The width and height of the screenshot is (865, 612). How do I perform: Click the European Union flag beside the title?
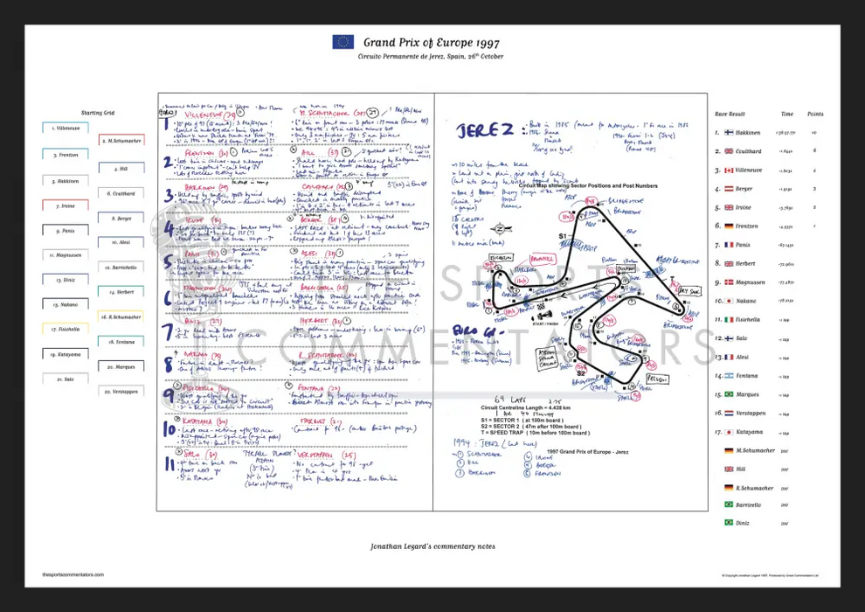343,41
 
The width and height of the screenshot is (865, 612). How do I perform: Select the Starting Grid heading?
97,113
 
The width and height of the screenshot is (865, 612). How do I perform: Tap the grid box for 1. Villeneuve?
66,128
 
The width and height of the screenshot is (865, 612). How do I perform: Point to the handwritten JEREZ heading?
486,131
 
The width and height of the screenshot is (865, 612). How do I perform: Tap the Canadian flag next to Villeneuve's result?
728,170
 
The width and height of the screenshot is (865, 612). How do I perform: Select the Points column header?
815,114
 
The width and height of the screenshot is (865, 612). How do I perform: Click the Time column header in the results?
787,114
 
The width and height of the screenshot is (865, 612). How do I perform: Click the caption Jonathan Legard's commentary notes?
432,546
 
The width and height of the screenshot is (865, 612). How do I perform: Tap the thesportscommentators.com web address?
73,574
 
